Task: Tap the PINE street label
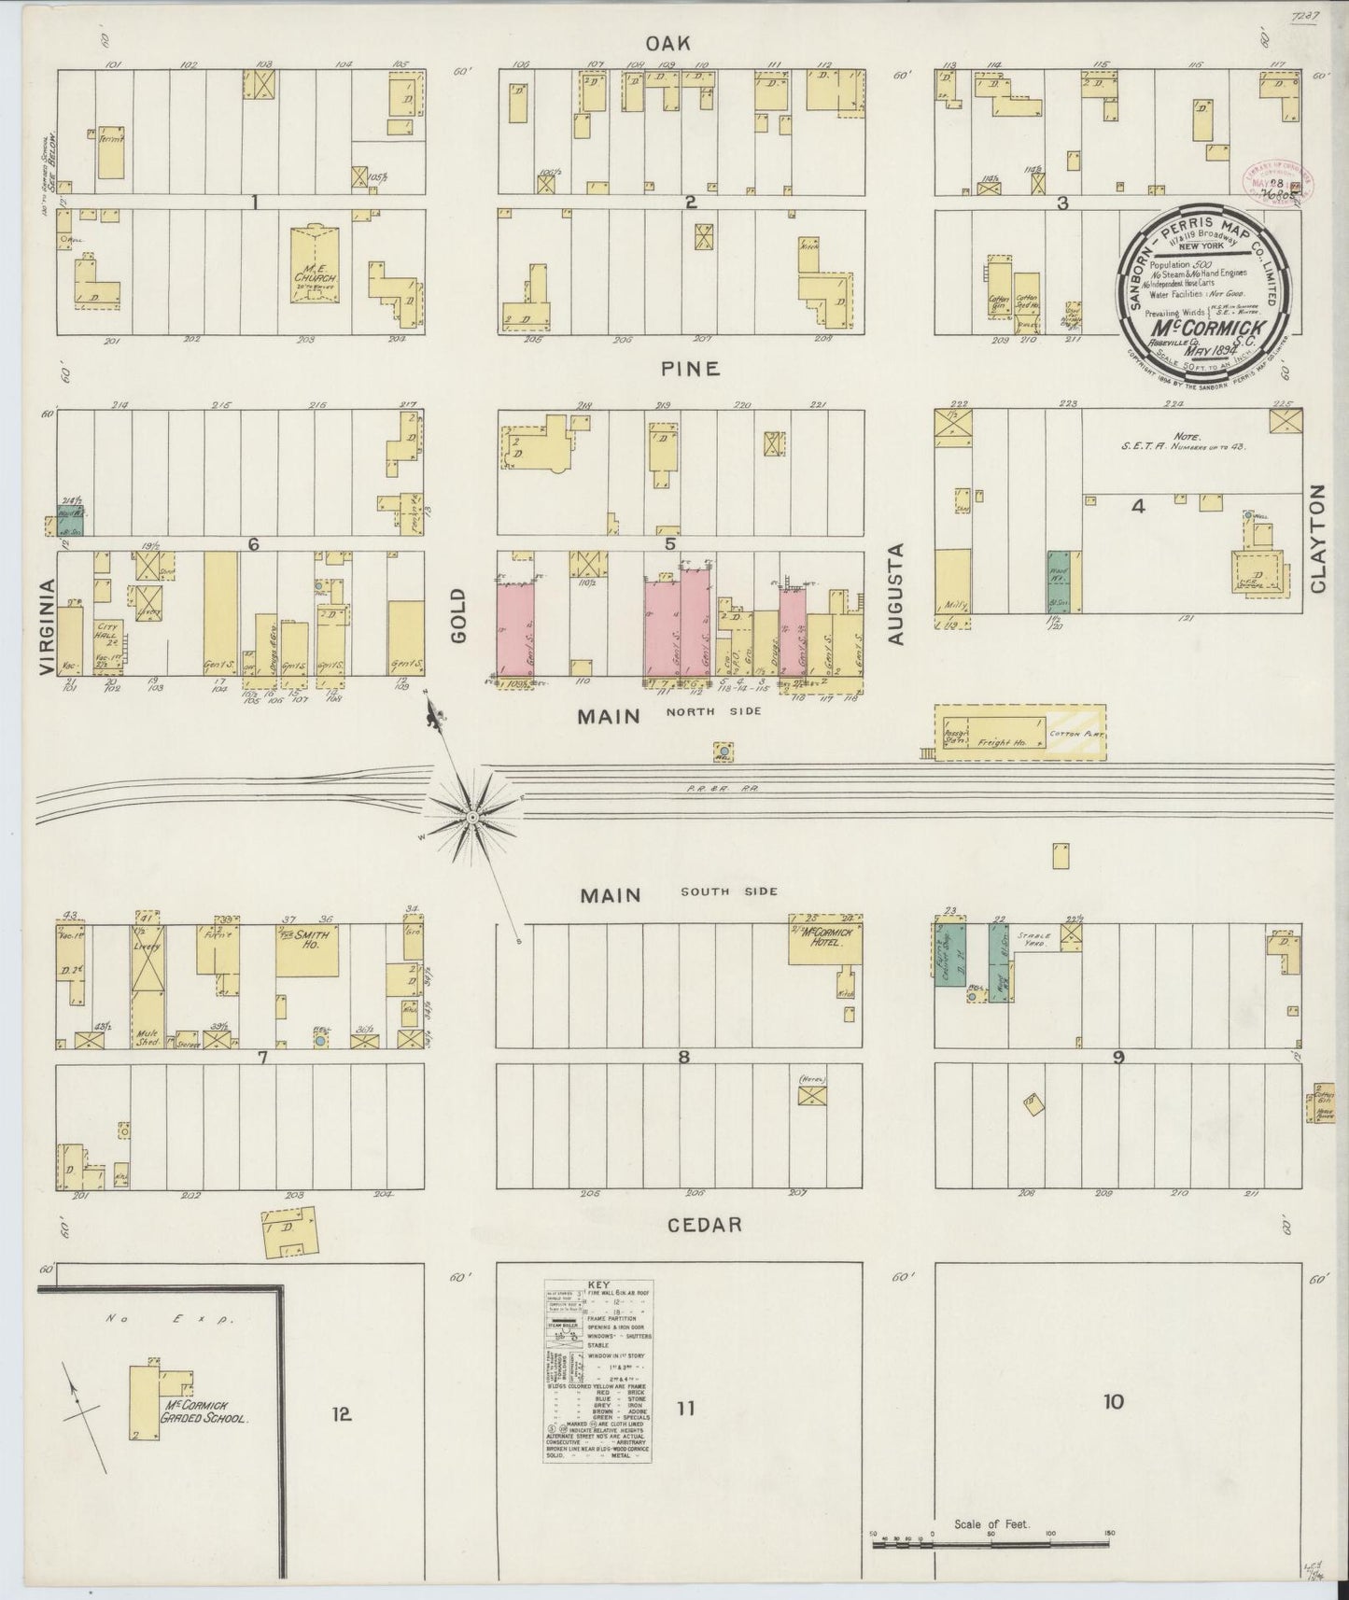[691, 369]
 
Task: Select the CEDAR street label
[707, 1224]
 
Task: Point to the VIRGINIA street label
[48, 625]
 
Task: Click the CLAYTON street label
[1318, 539]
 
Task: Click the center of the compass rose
[472, 817]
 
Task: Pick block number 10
[1113, 1427]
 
